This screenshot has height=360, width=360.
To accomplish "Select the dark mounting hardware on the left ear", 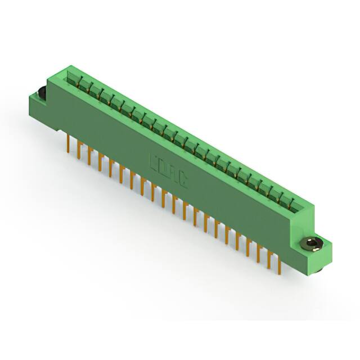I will pos(41,93).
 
